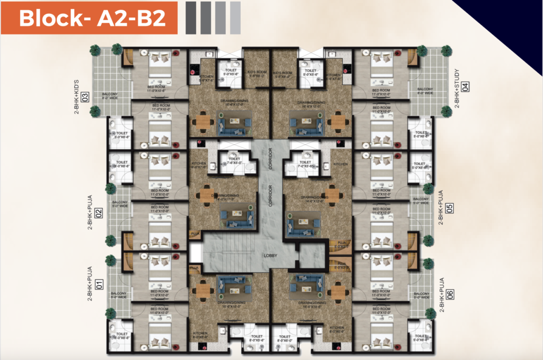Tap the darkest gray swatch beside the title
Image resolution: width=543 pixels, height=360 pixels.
point(190,17)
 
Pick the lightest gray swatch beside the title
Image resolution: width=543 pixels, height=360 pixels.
point(235,17)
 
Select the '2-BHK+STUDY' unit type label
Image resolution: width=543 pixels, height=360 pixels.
point(457,87)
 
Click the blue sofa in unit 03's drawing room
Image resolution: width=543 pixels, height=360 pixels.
point(231,126)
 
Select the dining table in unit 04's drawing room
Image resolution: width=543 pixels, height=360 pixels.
point(337,123)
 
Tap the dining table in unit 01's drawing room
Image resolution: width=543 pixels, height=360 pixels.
point(203,290)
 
